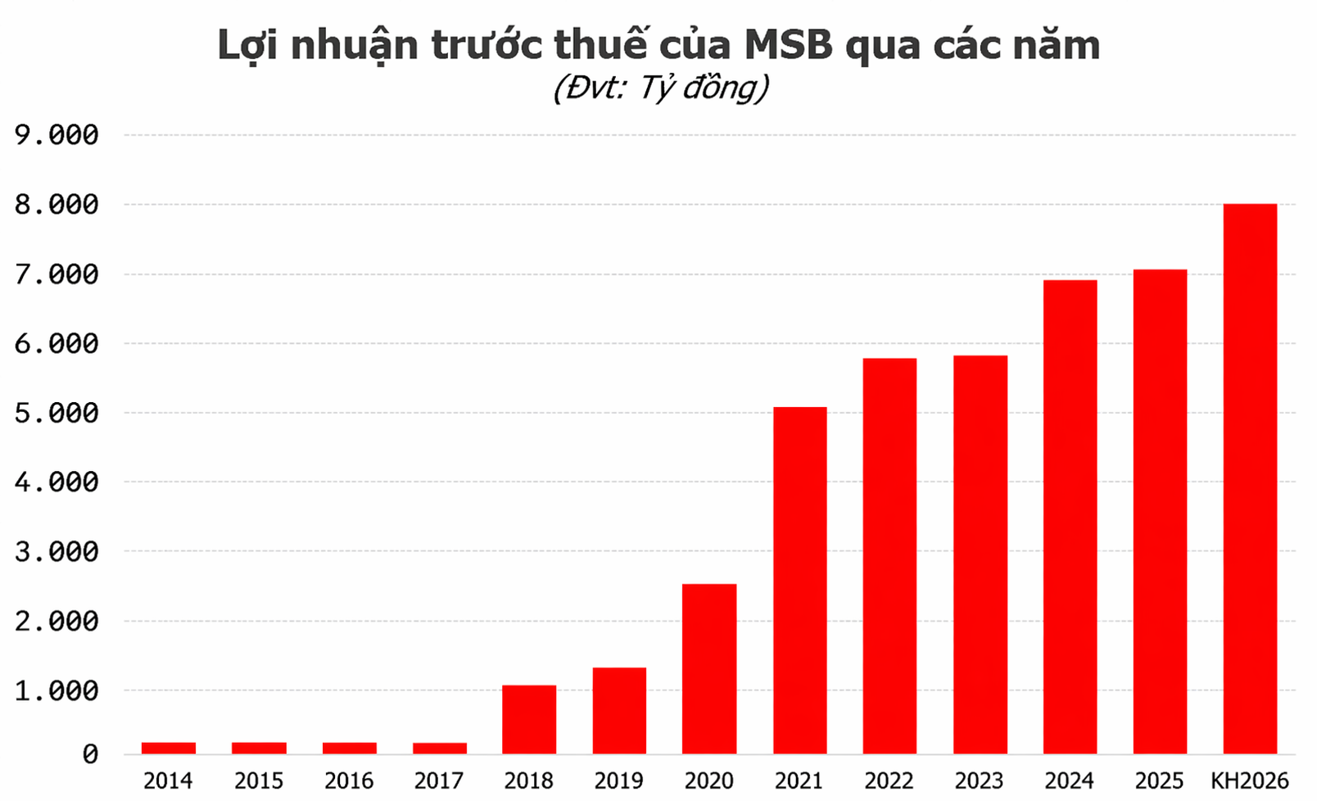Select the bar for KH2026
(1250, 478)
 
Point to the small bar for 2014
(169, 748)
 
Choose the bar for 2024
(1070, 517)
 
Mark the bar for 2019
(619, 710)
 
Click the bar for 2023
(980, 554)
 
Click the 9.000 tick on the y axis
(57, 135)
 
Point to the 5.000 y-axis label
(57, 413)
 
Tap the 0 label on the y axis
(90, 754)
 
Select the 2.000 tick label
(57, 621)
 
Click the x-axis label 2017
(439, 781)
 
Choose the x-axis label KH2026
(1250, 781)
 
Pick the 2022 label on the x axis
(889, 781)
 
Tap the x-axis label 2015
(259, 781)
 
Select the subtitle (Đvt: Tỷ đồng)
(660, 88)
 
